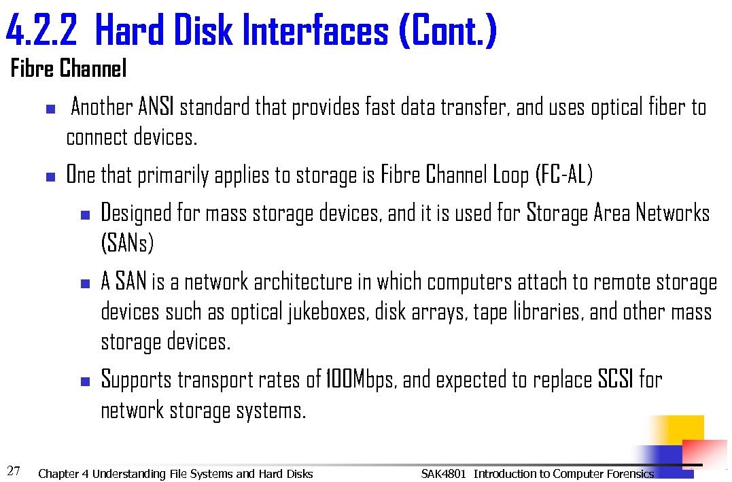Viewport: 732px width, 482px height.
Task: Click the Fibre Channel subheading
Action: tap(69, 69)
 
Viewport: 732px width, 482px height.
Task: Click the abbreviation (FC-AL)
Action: tap(564, 175)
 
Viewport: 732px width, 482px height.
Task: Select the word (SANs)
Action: tap(127, 243)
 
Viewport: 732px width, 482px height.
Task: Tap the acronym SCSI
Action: tap(616, 379)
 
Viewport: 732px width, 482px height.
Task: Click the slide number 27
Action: tap(13, 470)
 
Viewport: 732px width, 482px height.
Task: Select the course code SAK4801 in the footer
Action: tap(443, 474)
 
